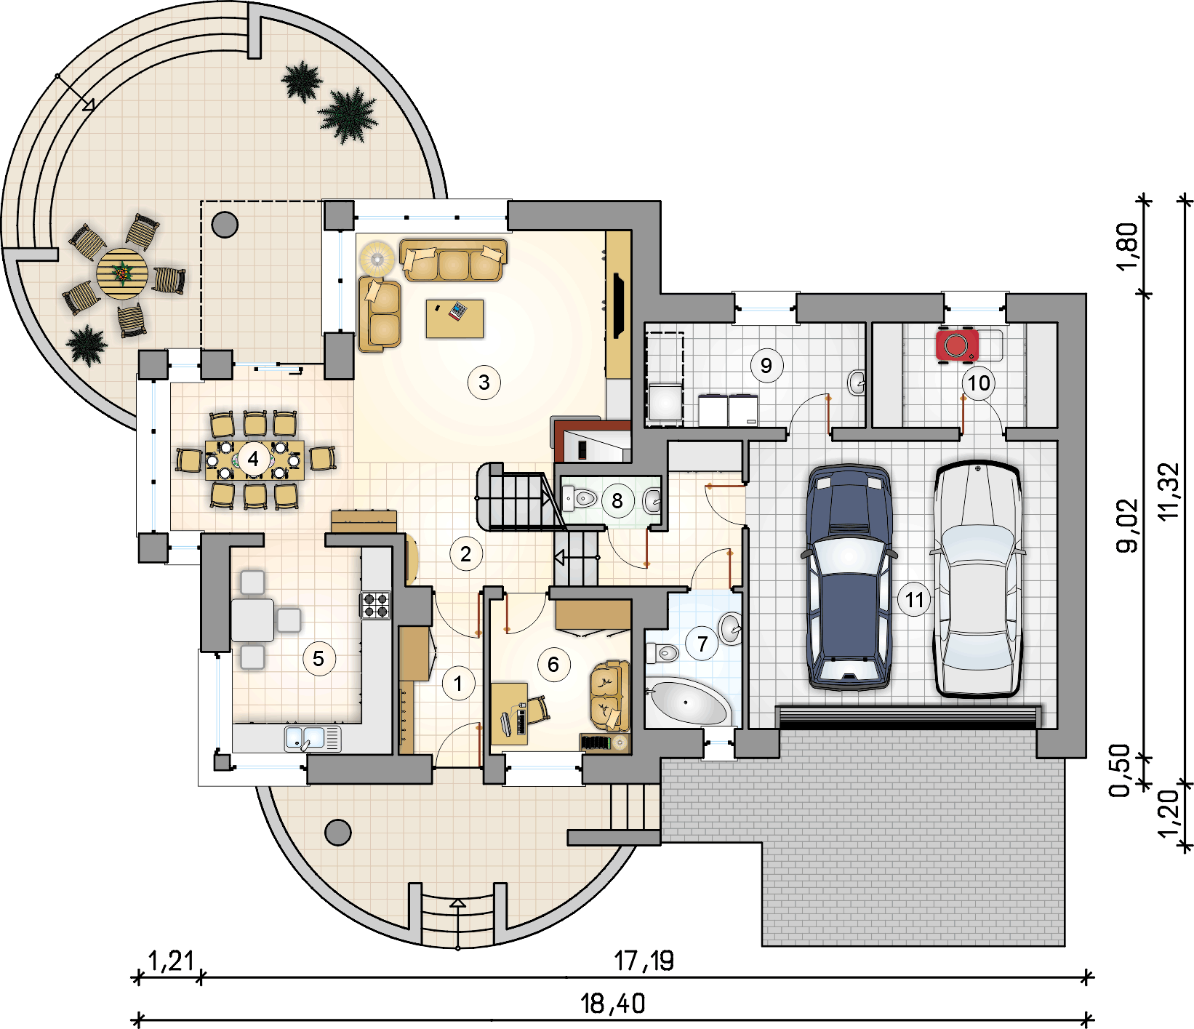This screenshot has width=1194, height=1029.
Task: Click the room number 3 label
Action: coord(484,382)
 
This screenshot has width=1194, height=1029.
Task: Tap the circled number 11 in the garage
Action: coord(914,600)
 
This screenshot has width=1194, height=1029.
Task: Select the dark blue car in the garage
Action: coord(849,577)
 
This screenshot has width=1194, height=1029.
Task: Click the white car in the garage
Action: coord(977,579)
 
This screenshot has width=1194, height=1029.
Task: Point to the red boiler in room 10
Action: coord(956,345)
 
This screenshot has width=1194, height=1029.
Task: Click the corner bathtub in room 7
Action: coord(686,702)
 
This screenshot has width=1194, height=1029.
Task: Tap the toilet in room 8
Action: coord(580,499)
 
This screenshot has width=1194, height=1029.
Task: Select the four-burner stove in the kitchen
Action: coord(376,605)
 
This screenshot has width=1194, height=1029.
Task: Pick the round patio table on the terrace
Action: coord(122,273)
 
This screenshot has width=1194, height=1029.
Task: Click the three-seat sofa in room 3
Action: coord(453,260)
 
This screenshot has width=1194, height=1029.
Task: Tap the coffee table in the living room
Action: coord(454,319)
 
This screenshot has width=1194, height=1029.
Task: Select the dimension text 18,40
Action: coord(613,1004)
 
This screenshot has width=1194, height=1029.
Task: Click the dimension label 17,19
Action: coord(644,961)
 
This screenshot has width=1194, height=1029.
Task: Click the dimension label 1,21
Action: coord(171,961)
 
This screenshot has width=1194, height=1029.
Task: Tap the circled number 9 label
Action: coord(766,364)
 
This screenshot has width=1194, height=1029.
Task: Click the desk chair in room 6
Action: coord(537,709)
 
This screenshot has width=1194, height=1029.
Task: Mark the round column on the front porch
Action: coord(337,832)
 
